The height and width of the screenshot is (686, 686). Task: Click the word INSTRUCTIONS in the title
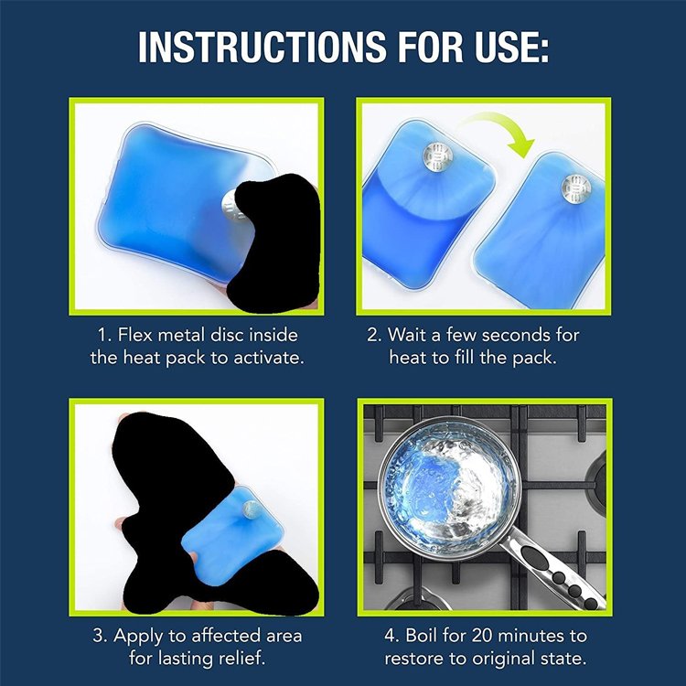[x=263, y=48]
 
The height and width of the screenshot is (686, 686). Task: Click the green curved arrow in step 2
[x=498, y=130]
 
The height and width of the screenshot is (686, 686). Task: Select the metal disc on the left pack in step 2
[x=437, y=156]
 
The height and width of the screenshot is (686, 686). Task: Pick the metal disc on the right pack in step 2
[x=576, y=189]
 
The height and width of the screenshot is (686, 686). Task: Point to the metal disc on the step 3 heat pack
[x=252, y=509]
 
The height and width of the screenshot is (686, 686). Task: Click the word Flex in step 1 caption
[x=135, y=335]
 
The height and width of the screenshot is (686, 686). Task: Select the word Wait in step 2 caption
[x=407, y=335]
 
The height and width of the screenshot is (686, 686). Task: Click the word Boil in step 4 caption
[x=423, y=636]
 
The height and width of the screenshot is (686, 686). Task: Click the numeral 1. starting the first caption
[x=105, y=335]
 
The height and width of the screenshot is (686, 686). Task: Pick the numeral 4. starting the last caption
[x=392, y=636]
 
